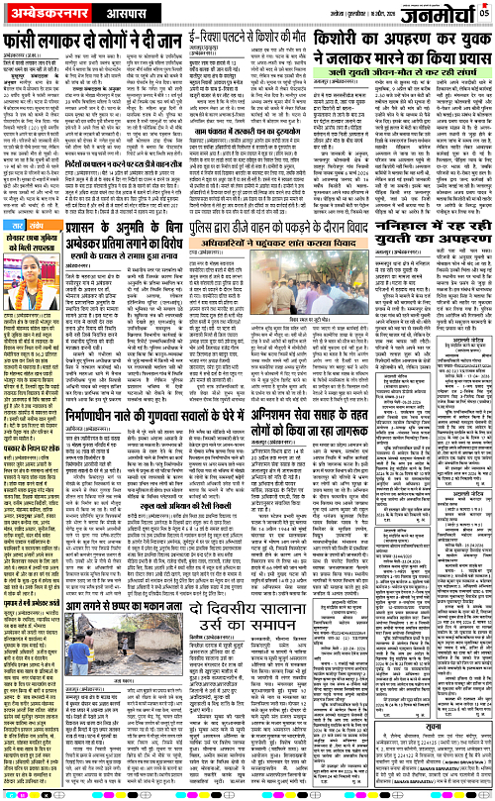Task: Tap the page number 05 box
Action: (485, 13)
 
